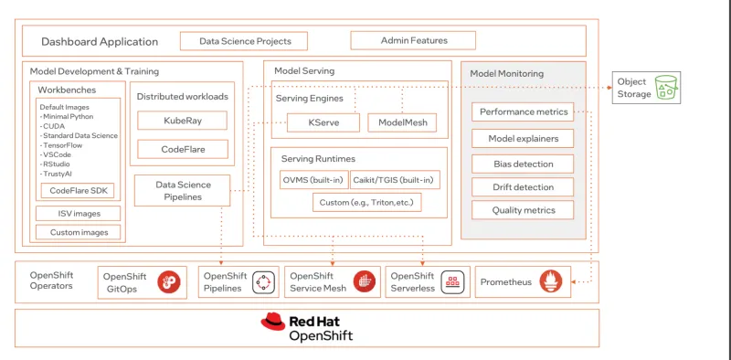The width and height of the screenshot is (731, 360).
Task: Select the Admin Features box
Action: [x=412, y=40]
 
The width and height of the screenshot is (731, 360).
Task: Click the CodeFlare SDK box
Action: [x=77, y=191]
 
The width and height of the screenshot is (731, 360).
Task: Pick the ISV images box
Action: [x=78, y=214]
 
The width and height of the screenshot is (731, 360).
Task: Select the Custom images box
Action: [x=78, y=232]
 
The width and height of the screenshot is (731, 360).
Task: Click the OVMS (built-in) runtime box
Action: [x=313, y=180]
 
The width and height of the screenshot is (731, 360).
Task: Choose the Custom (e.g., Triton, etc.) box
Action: [x=366, y=202]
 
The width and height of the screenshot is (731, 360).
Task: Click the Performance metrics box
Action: [x=523, y=112]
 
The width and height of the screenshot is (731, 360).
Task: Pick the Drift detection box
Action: [x=523, y=187]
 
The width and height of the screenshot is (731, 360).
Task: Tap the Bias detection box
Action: [x=523, y=164]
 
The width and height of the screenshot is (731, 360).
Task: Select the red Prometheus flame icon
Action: [x=550, y=281]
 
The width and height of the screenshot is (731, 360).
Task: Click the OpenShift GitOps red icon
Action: [x=169, y=282]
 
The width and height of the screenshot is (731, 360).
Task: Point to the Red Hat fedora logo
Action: [x=272, y=321]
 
